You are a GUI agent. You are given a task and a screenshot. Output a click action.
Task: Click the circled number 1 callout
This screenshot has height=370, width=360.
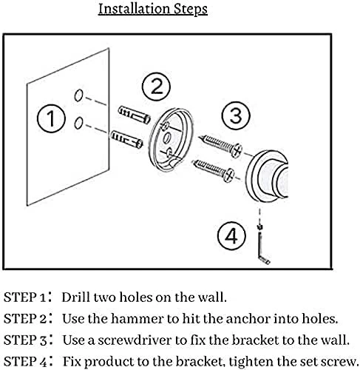coord(51,118)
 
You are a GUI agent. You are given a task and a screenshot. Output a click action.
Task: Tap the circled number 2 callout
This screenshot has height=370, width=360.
coord(156,87)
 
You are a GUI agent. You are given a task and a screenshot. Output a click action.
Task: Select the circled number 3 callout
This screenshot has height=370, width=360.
coord(236,115)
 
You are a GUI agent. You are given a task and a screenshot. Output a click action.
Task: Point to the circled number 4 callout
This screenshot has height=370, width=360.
coord(231,236)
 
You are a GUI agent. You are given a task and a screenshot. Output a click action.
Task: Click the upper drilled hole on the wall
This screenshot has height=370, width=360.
coord(78,95)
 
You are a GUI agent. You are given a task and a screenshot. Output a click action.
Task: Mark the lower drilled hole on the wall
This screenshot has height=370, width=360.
coord(78,123)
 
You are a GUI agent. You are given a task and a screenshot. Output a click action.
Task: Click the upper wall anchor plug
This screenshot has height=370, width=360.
coord(135,115)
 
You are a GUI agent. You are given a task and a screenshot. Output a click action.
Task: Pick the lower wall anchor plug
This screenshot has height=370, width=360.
coord(126,139)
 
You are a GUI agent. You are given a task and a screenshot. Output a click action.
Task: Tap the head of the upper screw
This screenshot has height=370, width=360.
coord(237,150)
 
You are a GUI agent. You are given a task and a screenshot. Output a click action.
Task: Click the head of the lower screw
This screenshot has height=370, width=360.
coord(228,175)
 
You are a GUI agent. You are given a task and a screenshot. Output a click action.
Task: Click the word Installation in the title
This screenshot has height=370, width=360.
coord(134,9)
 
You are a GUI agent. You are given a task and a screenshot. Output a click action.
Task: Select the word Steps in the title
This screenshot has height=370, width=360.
coord(191,10)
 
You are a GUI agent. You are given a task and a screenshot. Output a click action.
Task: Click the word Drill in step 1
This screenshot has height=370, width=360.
coord(75,297)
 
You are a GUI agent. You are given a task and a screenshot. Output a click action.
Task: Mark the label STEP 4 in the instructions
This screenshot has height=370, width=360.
coord(25,362)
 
